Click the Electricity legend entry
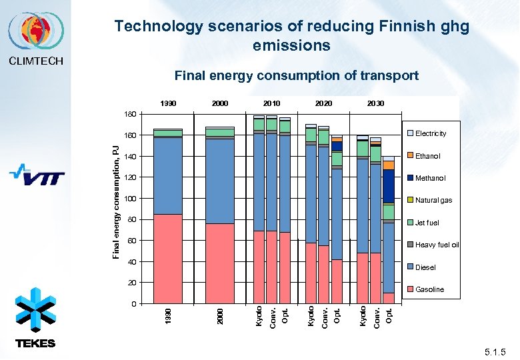[430, 134]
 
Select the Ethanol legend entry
[427, 156]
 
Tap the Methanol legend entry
[430, 178]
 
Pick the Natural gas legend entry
[433, 200]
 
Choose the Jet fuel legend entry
[427, 222]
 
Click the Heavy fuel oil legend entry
[437, 245]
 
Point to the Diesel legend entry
[425, 267]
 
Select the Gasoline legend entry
[429, 289]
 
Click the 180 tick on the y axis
[130, 115]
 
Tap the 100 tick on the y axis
[130, 199]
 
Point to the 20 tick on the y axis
[131, 283]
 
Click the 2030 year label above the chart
[375, 104]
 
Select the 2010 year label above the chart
[271, 104]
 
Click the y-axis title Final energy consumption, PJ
[116, 203]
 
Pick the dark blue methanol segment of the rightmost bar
[389, 186]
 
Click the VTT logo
[37, 176]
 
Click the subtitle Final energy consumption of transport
[296, 75]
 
